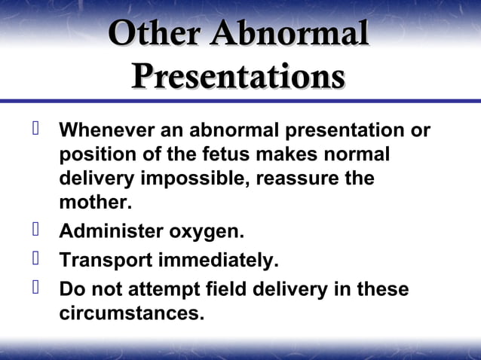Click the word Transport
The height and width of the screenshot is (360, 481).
pos(105,261)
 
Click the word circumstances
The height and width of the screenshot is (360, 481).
pos(131,313)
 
